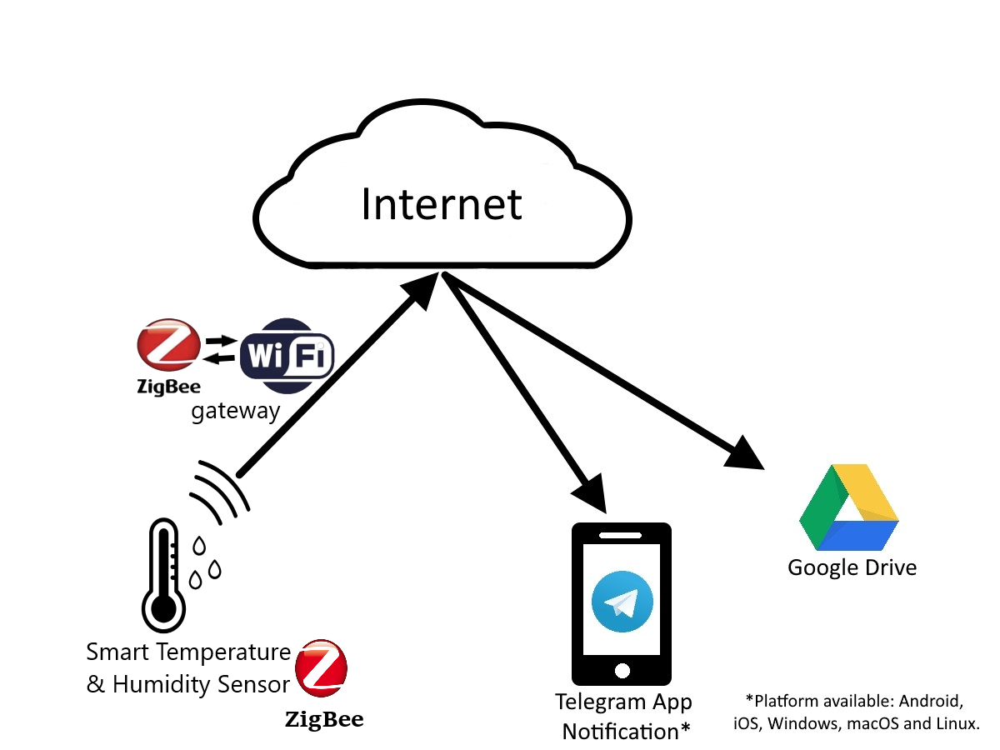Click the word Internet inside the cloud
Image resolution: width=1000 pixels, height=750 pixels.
point(441,204)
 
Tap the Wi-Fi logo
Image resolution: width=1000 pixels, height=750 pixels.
point(287,356)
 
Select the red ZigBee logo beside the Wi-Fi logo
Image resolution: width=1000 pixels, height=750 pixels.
point(169,344)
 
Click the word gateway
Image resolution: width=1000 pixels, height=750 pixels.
point(235,412)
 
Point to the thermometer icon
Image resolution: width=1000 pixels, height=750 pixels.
point(163,575)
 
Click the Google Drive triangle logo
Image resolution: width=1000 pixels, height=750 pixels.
point(848,507)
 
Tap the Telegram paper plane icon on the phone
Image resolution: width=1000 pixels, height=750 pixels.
point(622,602)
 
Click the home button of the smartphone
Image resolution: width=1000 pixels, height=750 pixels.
point(622,670)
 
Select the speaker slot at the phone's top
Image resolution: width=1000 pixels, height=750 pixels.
point(620,536)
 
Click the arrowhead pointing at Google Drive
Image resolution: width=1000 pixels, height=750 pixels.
point(746,453)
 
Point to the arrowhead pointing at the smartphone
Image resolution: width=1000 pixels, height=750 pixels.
point(591,494)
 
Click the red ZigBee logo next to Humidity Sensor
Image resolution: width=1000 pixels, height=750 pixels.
point(321,668)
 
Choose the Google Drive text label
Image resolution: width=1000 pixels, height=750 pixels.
point(852,568)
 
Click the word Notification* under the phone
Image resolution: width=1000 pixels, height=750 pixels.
point(626,732)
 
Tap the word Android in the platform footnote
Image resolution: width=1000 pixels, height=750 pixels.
point(931,701)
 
